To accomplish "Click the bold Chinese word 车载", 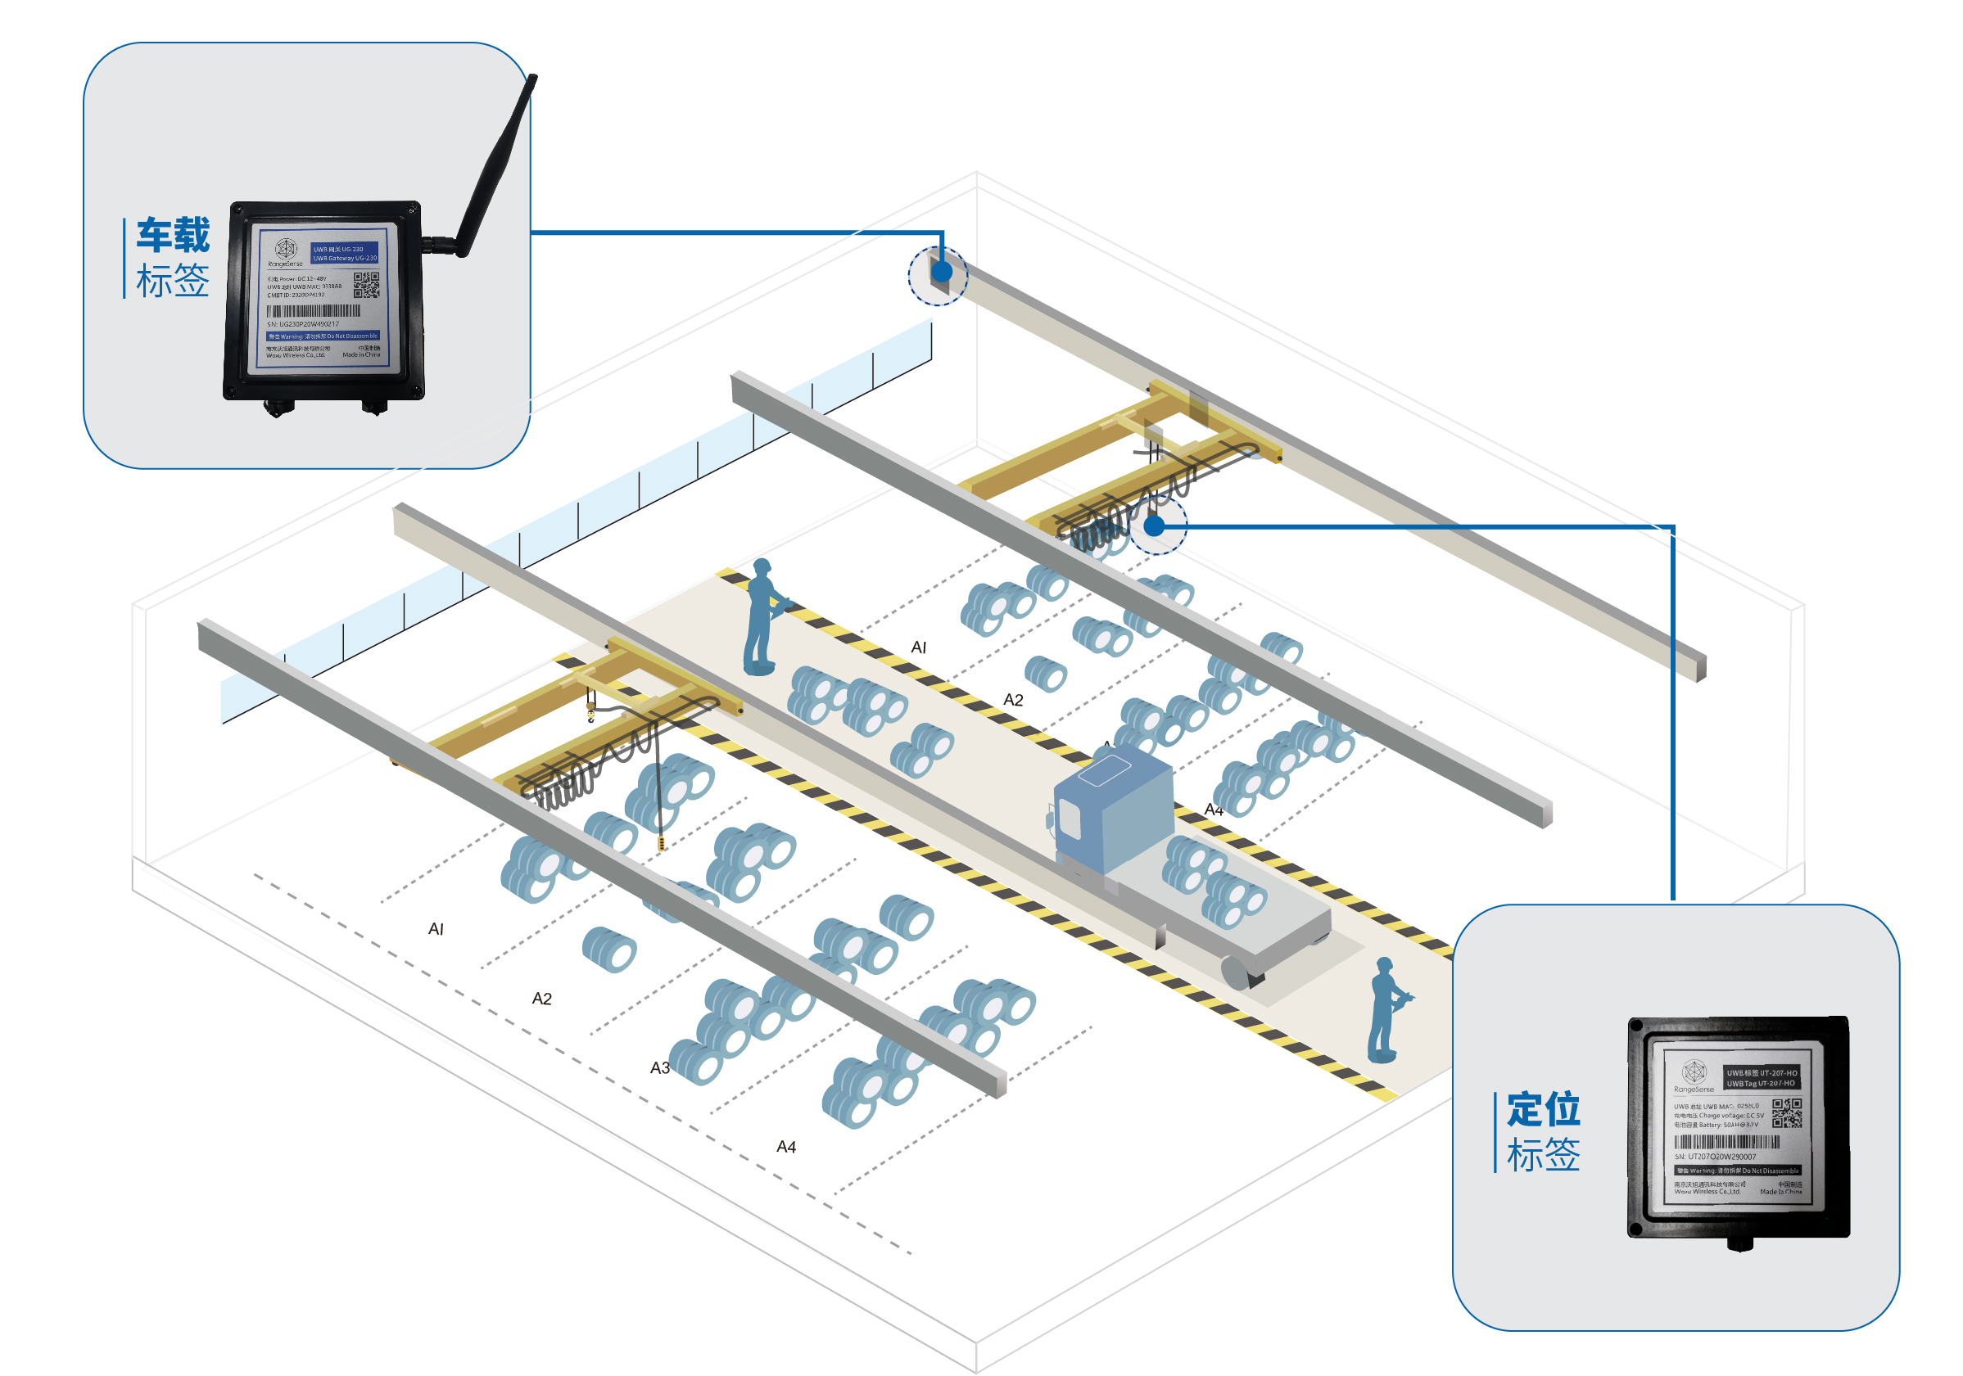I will [x=173, y=235].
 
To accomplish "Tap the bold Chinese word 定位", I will [x=1542, y=1109].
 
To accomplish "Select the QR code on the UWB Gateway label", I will [x=366, y=285].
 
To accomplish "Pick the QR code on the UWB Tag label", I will [x=1786, y=1112].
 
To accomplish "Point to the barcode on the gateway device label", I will [x=313, y=311].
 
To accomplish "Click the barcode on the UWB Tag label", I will [x=1726, y=1142].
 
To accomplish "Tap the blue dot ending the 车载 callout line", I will [x=941, y=272].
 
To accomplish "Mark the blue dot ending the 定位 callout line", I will [x=1154, y=526].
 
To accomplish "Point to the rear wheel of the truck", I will [x=1240, y=972].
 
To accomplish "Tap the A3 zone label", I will [x=659, y=1067].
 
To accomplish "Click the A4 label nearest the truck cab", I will [x=1213, y=810].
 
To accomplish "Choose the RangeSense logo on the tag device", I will [x=1694, y=1072].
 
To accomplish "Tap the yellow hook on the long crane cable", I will [x=660, y=845].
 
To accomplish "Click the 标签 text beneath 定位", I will [x=1542, y=1155].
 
